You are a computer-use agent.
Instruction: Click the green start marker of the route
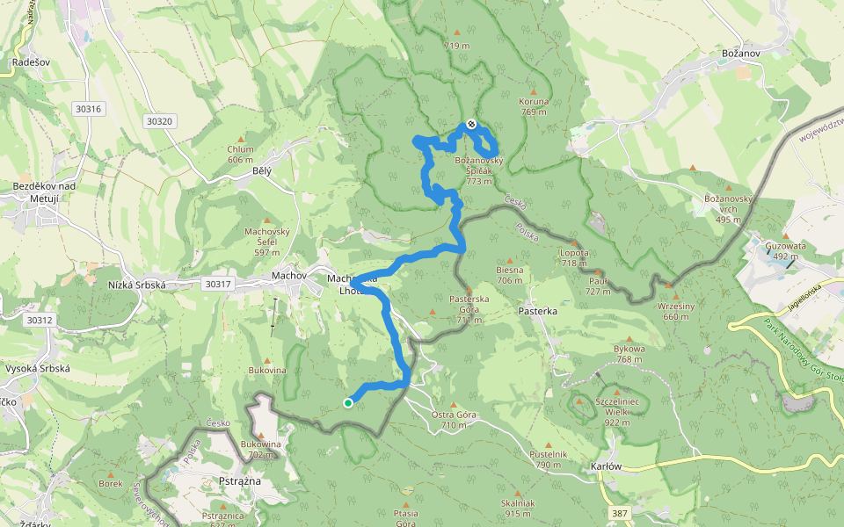coord(348,403)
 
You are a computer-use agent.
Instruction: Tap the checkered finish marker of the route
coord(471,125)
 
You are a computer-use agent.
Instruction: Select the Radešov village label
coord(30,62)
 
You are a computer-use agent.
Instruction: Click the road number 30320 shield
coord(161,121)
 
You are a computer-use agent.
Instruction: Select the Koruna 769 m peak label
coord(534,106)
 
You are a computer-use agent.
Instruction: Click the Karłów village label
coord(608,466)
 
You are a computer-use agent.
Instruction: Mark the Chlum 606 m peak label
coord(240,155)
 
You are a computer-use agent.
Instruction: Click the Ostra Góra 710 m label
coord(454,419)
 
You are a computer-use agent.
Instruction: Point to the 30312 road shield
coord(40,321)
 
